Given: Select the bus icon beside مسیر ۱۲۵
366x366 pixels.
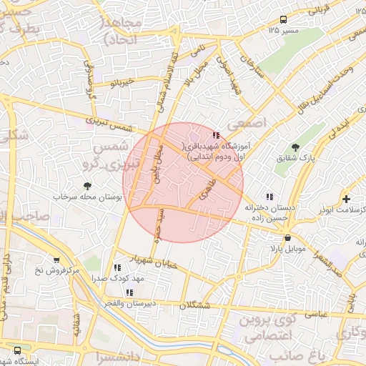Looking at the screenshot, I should click(x=284, y=19).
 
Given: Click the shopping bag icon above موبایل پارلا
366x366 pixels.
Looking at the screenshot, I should click(x=287, y=238).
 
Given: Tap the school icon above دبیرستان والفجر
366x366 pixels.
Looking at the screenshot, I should click(x=129, y=292).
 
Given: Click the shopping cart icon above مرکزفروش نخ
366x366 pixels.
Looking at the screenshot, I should click(x=56, y=261).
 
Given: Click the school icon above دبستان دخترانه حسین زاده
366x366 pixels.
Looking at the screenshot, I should click(x=269, y=197).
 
